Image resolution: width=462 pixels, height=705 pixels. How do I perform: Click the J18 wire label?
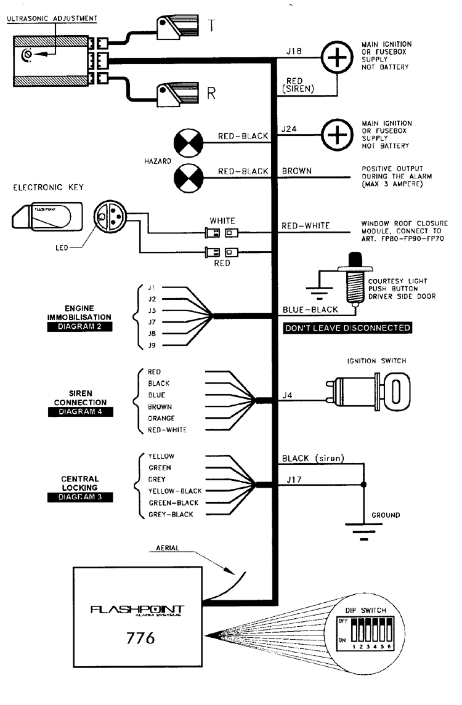pos(294,52)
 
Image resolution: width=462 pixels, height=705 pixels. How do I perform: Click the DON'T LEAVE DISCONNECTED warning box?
pos(347,328)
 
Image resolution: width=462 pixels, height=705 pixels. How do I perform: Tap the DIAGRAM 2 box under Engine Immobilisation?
pos(78,327)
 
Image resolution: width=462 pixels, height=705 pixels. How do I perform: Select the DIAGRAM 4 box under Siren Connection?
pos(78,412)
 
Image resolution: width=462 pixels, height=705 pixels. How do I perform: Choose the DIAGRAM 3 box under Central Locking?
pos(78,498)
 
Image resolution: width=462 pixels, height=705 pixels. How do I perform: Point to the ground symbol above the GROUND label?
pos(364,530)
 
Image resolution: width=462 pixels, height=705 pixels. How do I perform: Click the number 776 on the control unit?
pos(136,638)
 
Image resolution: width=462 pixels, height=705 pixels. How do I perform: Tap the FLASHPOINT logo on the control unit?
pos(137,610)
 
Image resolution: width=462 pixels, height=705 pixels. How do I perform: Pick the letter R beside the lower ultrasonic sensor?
pos(211,94)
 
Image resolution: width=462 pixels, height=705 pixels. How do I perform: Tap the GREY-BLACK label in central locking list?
pos(171,514)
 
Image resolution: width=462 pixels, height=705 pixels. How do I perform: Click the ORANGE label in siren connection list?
pos(161,418)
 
